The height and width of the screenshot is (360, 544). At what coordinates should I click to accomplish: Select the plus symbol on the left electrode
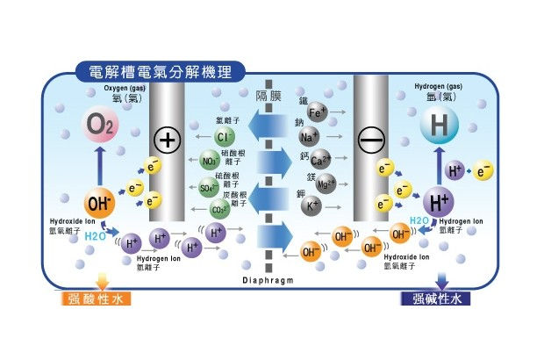tap(166, 139)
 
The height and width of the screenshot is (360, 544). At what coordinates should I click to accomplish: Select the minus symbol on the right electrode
tap(369, 139)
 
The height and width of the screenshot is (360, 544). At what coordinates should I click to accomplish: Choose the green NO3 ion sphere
tap(210, 162)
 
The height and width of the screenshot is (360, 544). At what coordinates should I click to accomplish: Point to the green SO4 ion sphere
tap(209, 187)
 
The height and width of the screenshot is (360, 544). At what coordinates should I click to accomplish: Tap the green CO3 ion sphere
tap(219, 211)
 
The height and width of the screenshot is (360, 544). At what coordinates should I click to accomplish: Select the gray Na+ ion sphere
tap(310, 137)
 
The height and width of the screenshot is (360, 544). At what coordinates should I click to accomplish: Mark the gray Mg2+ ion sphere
tap(325, 184)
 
